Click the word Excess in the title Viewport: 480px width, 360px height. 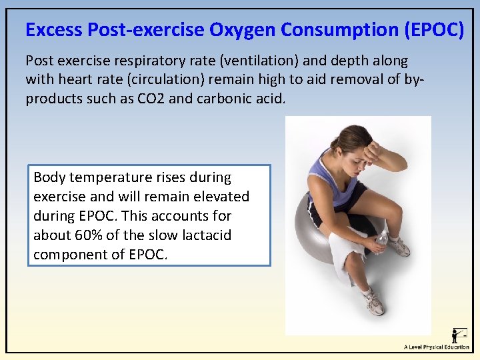54,30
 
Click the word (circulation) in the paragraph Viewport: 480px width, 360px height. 155,79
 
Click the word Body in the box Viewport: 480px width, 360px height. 47,177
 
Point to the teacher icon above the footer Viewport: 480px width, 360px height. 459,335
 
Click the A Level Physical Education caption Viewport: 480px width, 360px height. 437,347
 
